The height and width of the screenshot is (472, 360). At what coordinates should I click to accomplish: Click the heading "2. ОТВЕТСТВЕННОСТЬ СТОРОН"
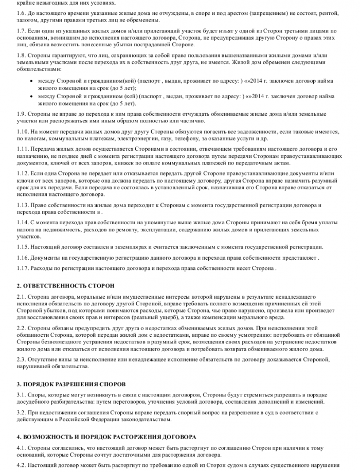tap(65, 285)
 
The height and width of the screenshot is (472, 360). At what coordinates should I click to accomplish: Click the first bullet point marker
tap(32, 81)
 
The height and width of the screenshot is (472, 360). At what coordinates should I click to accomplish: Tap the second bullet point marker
tap(32, 96)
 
